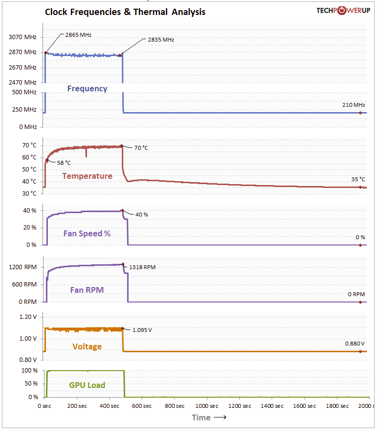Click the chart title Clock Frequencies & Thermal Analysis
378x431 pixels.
pos(125,12)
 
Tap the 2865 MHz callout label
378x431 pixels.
pos(79,35)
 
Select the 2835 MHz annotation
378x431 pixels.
pos(161,40)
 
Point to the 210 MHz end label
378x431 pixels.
pos(353,105)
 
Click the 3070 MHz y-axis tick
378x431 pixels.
pos(23,37)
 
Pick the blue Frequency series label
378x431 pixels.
pos(87,88)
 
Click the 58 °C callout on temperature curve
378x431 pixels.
pos(64,163)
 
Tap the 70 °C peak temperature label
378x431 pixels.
pos(142,148)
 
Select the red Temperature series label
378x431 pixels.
pos(87,176)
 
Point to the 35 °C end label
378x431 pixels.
pos(358,179)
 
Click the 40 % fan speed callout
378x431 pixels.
pos(142,215)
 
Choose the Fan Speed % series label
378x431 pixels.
pos(87,233)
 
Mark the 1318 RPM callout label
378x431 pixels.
pos(143,267)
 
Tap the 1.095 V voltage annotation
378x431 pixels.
pos(142,330)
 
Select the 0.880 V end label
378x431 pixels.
pos(354,344)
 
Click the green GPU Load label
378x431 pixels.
pos(87,385)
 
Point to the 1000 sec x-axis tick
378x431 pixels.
pos(208,406)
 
